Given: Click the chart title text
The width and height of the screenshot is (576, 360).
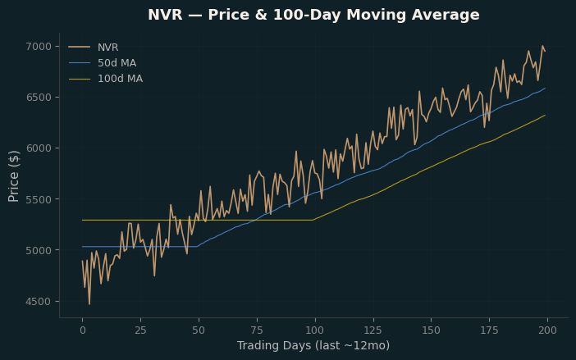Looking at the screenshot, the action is click(x=313, y=15).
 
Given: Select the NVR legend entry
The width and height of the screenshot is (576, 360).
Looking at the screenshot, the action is click(x=94, y=48).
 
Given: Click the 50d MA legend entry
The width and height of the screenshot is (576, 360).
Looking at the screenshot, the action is click(x=103, y=63).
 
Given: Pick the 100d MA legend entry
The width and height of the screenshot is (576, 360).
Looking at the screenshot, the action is click(x=106, y=79).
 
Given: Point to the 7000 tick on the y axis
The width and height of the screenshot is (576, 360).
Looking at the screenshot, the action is click(x=39, y=47).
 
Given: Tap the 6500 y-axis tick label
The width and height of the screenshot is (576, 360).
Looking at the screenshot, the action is click(x=39, y=98).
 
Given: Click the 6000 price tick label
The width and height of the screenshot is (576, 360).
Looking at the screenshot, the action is click(x=39, y=148).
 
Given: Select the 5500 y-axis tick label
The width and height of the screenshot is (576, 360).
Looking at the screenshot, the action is click(x=39, y=199).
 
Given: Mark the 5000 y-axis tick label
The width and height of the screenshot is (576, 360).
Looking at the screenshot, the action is click(x=39, y=250).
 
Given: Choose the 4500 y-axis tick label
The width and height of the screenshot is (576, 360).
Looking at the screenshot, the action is click(x=39, y=301).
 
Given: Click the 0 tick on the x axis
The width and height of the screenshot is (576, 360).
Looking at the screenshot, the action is click(x=83, y=330).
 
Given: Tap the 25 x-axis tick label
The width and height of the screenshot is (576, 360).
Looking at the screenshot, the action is click(x=140, y=330).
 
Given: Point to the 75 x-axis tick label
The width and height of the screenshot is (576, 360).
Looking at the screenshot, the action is click(x=257, y=330).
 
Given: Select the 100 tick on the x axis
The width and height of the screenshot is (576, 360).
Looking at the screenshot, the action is click(x=315, y=330).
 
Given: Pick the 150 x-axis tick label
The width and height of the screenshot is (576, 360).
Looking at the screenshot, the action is click(x=431, y=330).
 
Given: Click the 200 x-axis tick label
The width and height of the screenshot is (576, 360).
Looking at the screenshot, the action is click(x=547, y=330).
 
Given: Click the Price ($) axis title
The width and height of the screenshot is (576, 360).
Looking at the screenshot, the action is click(x=14, y=176).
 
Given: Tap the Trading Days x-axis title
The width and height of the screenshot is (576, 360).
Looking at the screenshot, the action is click(x=313, y=346).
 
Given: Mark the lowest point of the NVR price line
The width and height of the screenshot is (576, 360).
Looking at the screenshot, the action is click(x=89, y=304).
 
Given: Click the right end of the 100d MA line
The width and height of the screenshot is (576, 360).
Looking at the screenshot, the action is click(x=545, y=116).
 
